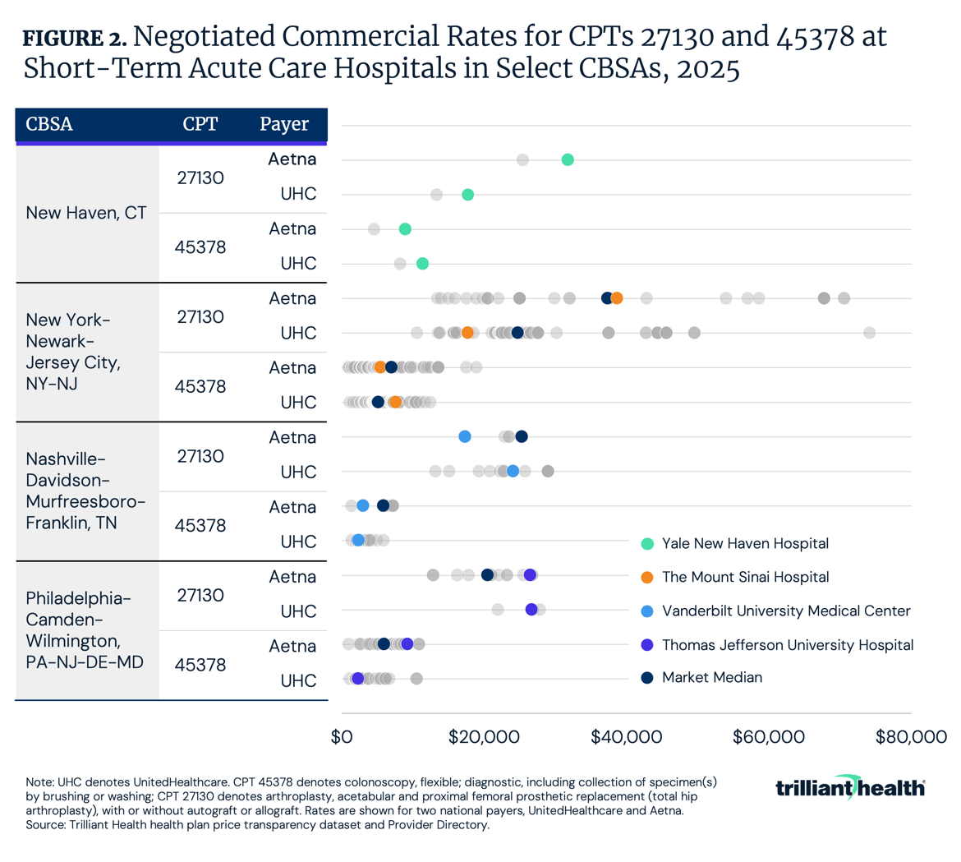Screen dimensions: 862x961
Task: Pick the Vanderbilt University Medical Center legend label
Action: click(x=785, y=611)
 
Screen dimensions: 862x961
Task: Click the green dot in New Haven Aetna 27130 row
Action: click(x=568, y=159)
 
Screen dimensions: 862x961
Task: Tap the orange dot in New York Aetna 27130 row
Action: click(x=617, y=298)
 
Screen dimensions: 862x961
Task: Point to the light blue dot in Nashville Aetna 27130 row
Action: click(x=465, y=436)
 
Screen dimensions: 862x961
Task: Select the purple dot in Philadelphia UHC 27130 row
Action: click(x=531, y=610)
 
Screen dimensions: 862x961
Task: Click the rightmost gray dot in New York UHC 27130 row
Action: click(x=870, y=333)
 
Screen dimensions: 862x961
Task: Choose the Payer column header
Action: click(x=284, y=125)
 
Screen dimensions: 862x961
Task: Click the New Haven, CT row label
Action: click(x=86, y=213)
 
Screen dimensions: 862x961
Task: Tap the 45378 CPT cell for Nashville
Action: click(x=200, y=525)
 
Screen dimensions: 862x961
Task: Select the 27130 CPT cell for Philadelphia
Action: click(x=200, y=594)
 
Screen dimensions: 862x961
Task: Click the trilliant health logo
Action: click(x=850, y=787)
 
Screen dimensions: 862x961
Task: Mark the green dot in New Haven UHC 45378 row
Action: click(x=422, y=264)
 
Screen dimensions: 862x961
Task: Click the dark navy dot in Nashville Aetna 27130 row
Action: click(x=522, y=436)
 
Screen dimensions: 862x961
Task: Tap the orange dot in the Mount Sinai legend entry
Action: click(x=648, y=577)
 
